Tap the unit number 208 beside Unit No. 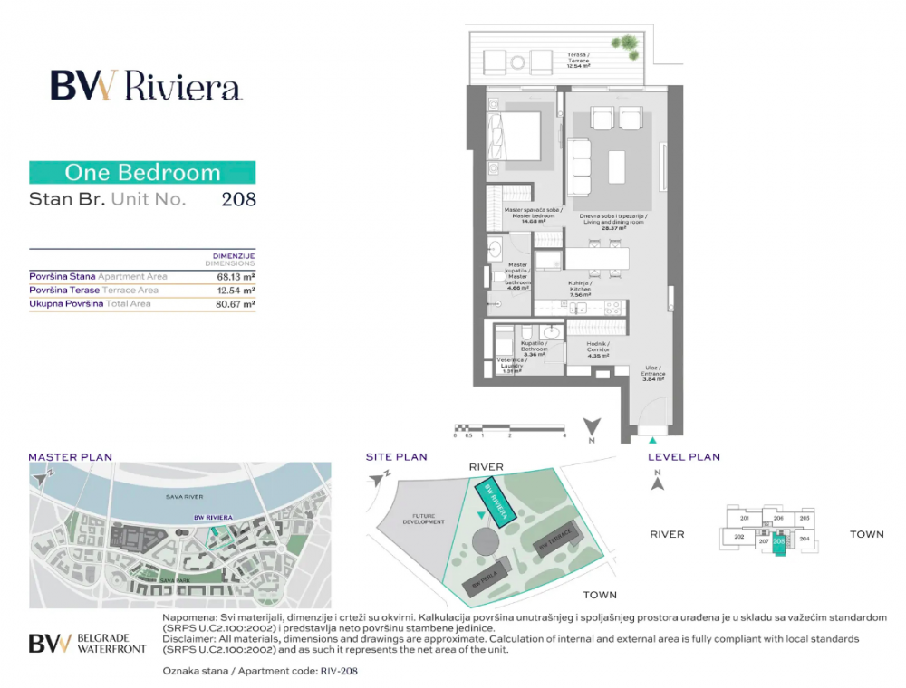[x=238, y=199]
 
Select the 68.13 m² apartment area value [x=234, y=276]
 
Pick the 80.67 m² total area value [x=234, y=304]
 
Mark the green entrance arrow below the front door [x=652, y=441]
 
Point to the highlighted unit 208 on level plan [x=778, y=541]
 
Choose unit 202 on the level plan [x=738, y=537]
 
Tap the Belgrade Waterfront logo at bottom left [x=85, y=643]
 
